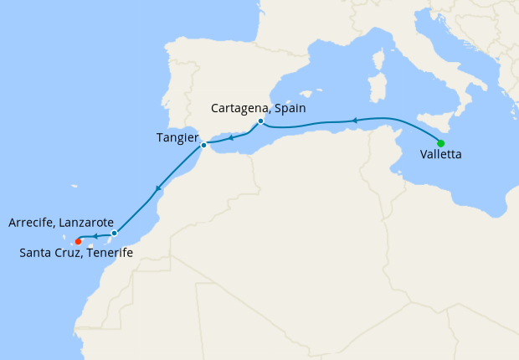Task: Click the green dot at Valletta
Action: pyautogui.click(x=440, y=142)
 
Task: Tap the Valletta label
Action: pyautogui.click(x=440, y=155)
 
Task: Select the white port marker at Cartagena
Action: pyautogui.click(x=260, y=121)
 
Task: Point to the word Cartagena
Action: pyautogui.click(x=239, y=108)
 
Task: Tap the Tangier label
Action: pyautogui.click(x=177, y=137)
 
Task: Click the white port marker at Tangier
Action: pyautogui.click(x=203, y=146)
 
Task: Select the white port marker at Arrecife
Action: pyautogui.click(x=114, y=233)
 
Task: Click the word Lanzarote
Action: pyautogui.click(x=84, y=224)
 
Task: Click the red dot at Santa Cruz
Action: pyautogui.click(x=78, y=242)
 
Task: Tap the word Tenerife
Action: pyautogui.click(x=105, y=253)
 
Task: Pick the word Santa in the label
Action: pyautogui.click(x=34, y=253)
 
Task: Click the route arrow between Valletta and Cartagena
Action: pyautogui.click(x=354, y=121)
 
